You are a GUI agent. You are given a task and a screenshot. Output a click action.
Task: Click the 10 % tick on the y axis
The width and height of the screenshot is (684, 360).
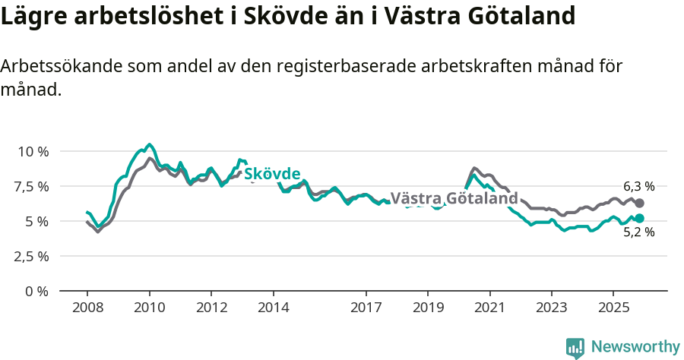33,151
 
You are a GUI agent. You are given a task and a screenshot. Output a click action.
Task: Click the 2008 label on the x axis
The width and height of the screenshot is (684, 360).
87,308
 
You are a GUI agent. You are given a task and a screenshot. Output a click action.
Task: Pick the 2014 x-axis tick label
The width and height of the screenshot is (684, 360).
273,308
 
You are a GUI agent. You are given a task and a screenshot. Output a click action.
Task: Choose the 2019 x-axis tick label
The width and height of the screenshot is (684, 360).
427,308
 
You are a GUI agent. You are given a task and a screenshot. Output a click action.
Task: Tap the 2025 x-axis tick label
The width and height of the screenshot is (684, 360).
613,308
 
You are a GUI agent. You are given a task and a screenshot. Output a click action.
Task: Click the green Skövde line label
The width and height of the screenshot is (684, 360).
271,173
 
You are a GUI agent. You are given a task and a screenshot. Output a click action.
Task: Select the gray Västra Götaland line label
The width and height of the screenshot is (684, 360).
454,199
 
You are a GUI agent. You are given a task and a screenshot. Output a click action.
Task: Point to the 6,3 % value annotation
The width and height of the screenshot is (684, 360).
638,186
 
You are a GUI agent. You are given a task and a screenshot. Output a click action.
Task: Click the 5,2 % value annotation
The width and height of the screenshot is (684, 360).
638,232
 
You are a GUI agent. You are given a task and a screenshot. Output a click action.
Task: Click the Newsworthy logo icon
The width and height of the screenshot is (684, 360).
575,348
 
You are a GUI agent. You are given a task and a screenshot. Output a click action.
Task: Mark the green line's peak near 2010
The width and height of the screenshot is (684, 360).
149,144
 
